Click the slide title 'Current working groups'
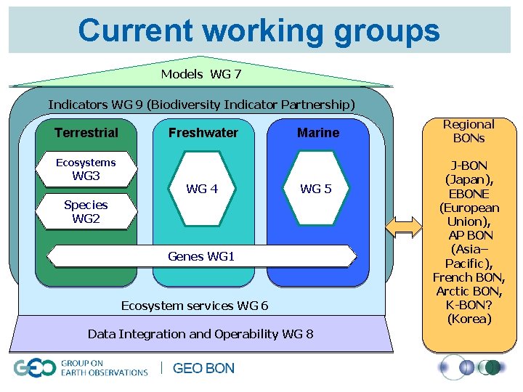tap(259, 30)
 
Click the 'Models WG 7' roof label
tap(201, 74)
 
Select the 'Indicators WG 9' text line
tap(201, 105)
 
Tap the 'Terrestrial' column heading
tap(86, 133)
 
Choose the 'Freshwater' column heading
tap(203, 133)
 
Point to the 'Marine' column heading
tap(318, 133)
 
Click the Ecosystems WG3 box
tap(86, 170)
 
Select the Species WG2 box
tap(86, 211)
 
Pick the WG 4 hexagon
tap(202, 189)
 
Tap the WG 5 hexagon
tap(316, 189)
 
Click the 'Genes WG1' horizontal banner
tap(201, 256)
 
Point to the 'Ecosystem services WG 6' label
tap(195, 306)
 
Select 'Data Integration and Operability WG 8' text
tap(200, 334)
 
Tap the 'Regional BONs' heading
tap(469, 131)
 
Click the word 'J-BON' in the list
tap(469, 166)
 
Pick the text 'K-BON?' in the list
tap(469, 305)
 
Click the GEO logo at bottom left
tap(34, 368)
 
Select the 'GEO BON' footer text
tap(203, 369)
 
